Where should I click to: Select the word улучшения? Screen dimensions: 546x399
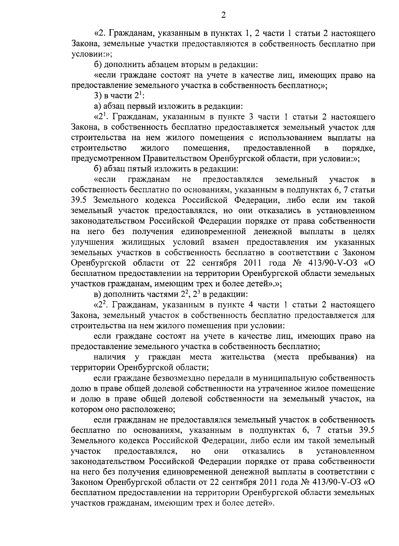pos(87,242)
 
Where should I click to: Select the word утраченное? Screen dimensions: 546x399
pos(293,389)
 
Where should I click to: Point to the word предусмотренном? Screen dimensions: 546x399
pos(106,158)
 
